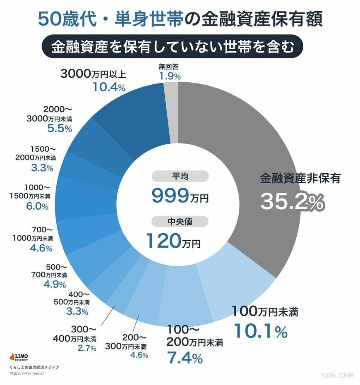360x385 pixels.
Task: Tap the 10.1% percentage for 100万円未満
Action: coord(261,331)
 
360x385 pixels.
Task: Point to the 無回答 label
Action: coord(168,66)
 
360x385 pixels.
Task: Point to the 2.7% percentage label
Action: coord(86,348)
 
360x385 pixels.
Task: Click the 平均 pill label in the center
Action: coord(180,177)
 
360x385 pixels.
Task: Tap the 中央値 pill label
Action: coord(180,222)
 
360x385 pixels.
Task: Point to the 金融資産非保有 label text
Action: coord(300,179)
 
